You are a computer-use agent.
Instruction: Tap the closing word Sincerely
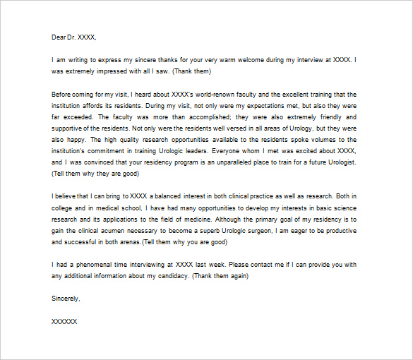coord(66,298)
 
